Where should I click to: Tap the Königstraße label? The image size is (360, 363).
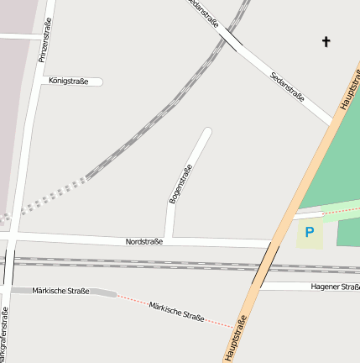pos(69,82)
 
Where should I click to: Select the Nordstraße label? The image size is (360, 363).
pos(144,241)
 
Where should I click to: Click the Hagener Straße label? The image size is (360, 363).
pos(336,287)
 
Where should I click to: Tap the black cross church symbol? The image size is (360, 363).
pos(326,41)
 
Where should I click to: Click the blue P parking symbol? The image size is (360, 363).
pos(310,232)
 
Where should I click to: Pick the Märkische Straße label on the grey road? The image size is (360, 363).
pos(60,291)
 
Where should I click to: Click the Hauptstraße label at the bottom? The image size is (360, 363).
pos(236,339)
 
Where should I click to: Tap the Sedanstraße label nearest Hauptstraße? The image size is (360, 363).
pos(288,87)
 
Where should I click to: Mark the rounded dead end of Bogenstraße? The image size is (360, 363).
pos(207,131)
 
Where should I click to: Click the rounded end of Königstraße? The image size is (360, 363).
pos(99,82)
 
